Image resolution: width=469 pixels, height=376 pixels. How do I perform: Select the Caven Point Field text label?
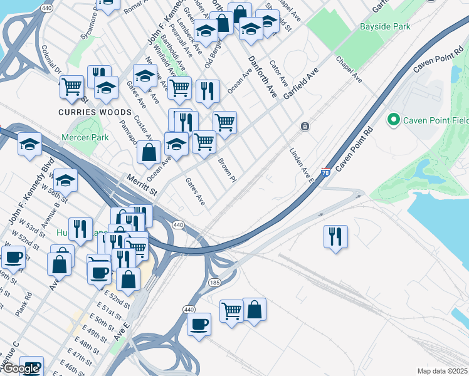coord(433,120)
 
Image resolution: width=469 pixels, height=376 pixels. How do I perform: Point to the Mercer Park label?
coord(85,137)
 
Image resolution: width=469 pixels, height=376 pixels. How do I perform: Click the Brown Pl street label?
coord(226,169)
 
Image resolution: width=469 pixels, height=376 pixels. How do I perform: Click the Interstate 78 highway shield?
coord(325,172)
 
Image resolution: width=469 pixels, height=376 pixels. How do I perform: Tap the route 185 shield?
coord(214,283)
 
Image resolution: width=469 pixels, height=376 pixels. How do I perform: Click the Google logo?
coord(21,368)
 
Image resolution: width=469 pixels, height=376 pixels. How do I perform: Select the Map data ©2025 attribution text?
coord(442,371)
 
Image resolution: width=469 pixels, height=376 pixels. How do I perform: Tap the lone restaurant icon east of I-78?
coord(335,237)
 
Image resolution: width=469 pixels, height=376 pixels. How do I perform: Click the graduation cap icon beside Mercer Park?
coord(29,144)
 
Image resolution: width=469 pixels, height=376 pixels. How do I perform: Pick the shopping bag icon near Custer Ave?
coord(149,152)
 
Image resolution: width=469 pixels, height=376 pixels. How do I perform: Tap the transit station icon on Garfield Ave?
coord(305,127)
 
